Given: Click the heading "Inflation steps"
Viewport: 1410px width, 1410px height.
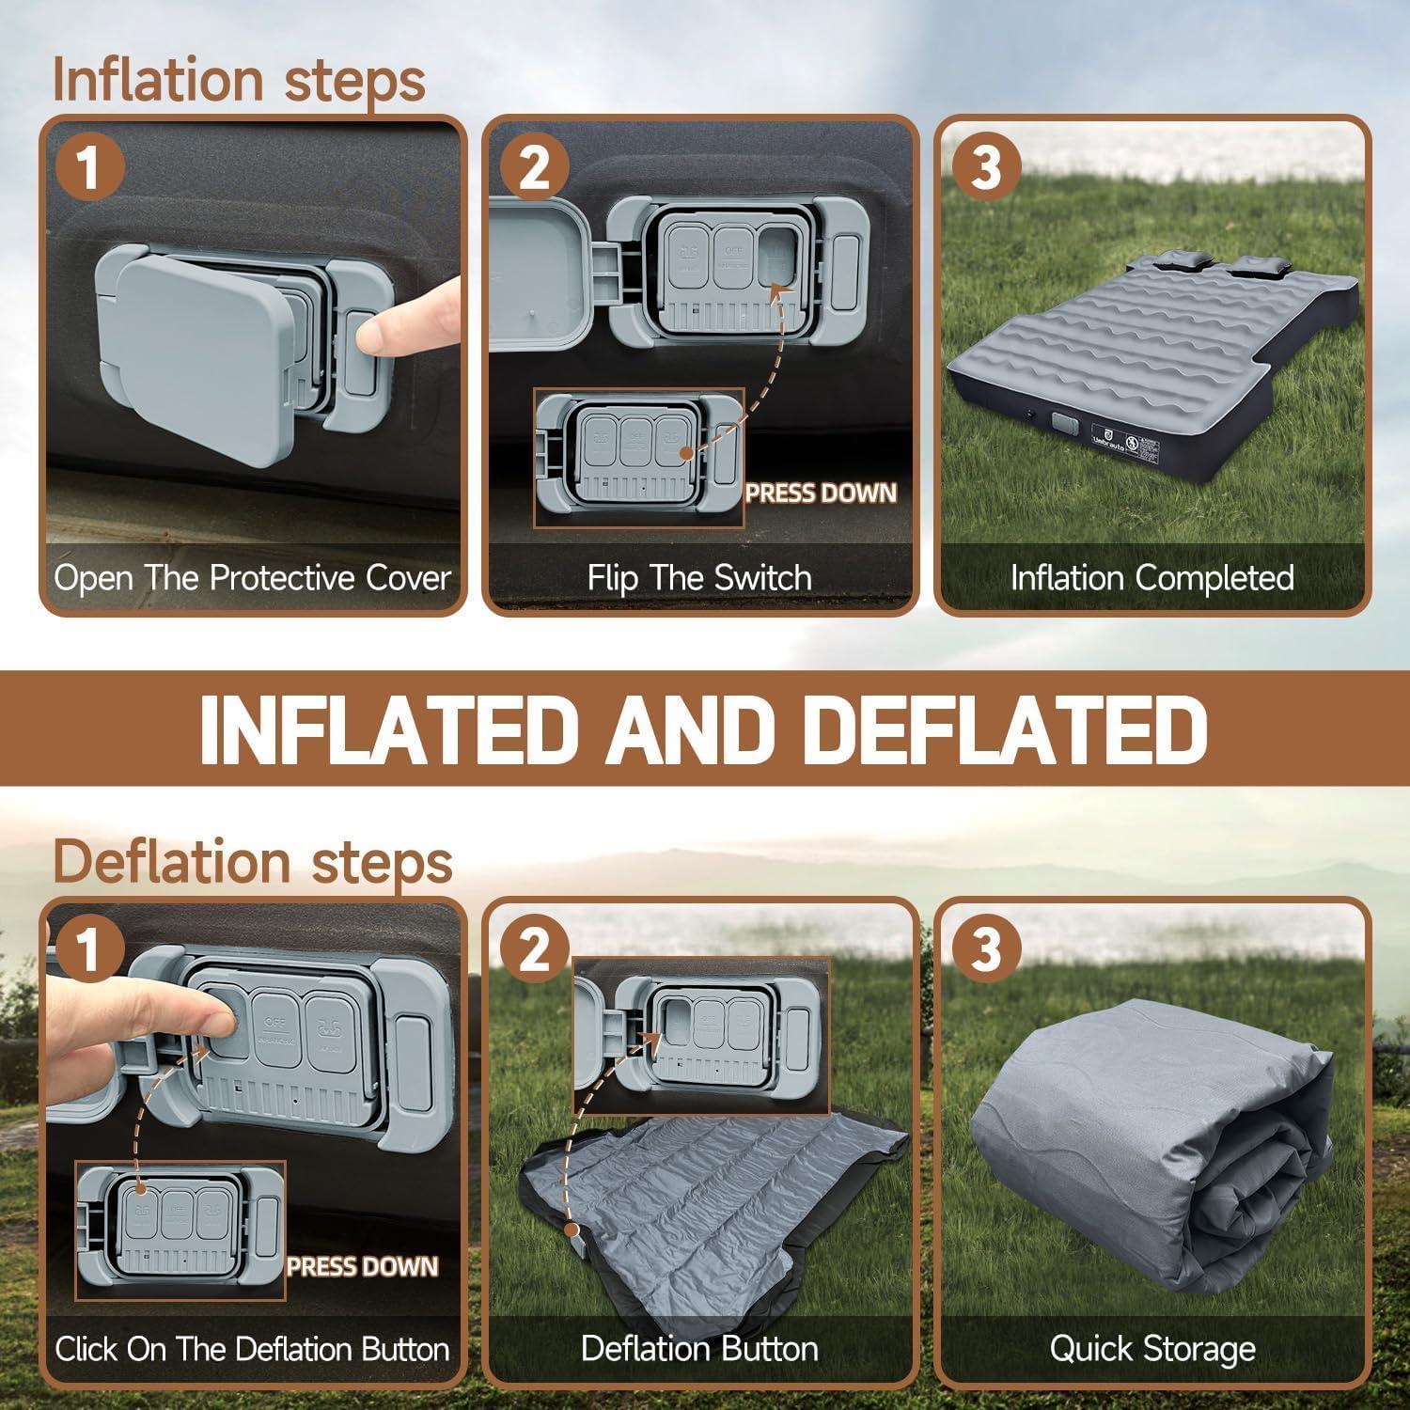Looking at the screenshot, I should click(x=239, y=79).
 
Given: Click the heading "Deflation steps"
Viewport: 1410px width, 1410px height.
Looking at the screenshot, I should click(x=252, y=861).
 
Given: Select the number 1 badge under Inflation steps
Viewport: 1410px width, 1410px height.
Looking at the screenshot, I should click(x=88, y=169).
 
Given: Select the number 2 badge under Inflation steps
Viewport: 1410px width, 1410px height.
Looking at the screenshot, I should click(x=534, y=169).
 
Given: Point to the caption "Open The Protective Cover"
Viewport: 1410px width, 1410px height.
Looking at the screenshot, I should click(x=252, y=577).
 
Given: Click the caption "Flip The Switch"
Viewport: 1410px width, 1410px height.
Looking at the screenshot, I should click(x=699, y=577).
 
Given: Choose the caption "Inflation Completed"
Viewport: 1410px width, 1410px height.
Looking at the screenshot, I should click(x=1151, y=577).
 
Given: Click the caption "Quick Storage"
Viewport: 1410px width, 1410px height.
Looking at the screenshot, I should click(x=1151, y=1349).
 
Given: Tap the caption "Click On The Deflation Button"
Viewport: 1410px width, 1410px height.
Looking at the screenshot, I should click(x=252, y=1349).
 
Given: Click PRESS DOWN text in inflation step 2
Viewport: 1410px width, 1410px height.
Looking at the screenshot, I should click(x=822, y=493).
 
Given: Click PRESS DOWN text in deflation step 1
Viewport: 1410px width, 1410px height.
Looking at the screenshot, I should click(x=363, y=1266).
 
